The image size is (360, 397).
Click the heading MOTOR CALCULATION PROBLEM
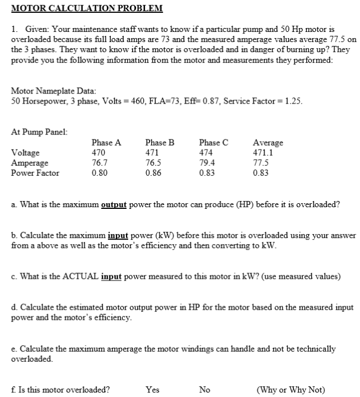click(87, 8)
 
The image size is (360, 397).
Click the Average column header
click(268, 143)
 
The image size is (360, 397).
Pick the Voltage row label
click(25, 153)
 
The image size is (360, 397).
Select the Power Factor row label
click(35, 173)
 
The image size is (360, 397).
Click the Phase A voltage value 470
click(99, 153)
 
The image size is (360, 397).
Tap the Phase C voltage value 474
click(207, 153)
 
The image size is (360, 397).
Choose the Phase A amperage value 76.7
click(100, 163)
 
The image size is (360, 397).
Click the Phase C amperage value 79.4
click(207, 163)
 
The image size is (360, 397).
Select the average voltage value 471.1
click(264, 153)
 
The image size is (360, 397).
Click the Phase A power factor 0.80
click(100, 173)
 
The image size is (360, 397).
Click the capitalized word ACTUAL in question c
click(76, 277)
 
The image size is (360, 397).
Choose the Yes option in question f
click(152, 390)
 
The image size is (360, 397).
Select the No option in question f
click(205, 390)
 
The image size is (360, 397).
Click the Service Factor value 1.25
click(293, 101)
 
